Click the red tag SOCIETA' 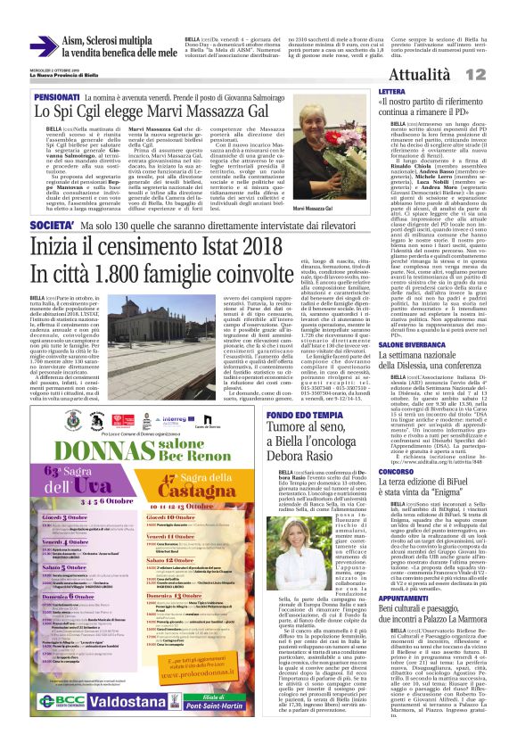click(x=54, y=227)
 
